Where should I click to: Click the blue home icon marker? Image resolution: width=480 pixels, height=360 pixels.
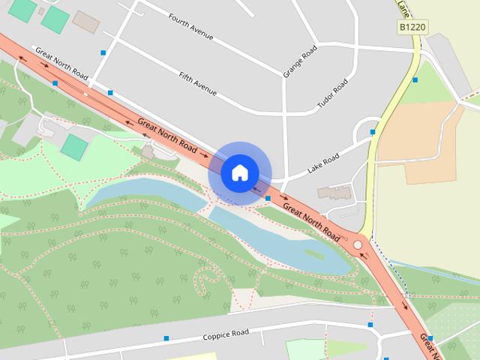[x=239, y=172]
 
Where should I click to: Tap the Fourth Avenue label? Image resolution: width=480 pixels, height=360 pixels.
[x=191, y=26]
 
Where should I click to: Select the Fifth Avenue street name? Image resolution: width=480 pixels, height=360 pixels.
[x=198, y=82]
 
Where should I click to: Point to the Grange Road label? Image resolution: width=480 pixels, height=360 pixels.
[x=300, y=61]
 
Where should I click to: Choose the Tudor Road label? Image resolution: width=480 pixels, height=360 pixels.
[x=333, y=94]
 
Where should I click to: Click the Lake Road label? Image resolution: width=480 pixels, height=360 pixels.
[x=323, y=164]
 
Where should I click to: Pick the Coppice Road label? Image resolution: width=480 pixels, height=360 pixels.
[x=225, y=335]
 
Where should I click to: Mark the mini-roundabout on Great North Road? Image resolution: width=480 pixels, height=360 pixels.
[x=358, y=244]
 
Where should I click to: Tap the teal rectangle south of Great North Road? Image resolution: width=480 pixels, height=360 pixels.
[x=73, y=146]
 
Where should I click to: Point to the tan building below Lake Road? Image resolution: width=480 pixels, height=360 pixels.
[x=333, y=192]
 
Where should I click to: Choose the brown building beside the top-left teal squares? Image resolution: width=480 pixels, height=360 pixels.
[x=85, y=22]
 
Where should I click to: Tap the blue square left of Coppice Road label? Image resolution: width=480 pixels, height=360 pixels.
[x=166, y=338]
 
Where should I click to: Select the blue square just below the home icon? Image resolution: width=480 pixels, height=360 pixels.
[x=268, y=198]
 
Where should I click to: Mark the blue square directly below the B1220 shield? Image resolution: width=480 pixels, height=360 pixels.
[x=415, y=79]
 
